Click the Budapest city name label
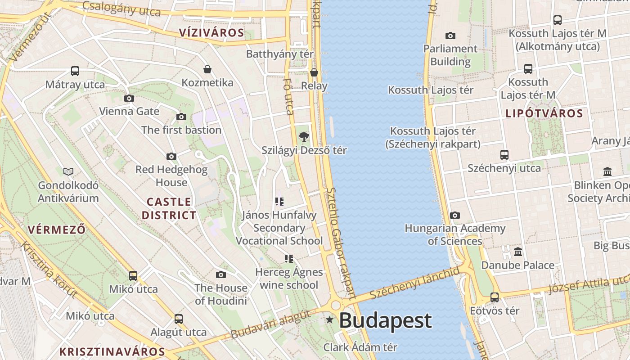[x=385, y=320]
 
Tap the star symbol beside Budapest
[x=330, y=320]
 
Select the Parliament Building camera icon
[x=450, y=36]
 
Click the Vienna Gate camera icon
[x=129, y=98]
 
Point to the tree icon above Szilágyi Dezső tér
[x=304, y=136]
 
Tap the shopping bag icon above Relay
[x=314, y=72]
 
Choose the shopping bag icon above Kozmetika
[x=207, y=69]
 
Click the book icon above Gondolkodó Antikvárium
[x=68, y=171]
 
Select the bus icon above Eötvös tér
[x=495, y=297]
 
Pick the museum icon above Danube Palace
[x=518, y=252]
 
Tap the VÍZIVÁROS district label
[x=211, y=32]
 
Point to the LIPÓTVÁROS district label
[x=544, y=113]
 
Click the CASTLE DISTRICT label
[x=169, y=208]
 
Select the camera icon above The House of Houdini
[x=220, y=274]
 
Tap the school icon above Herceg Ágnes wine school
[x=288, y=258]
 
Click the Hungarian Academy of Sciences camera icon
[x=455, y=215]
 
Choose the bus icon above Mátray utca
[x=75, y=71]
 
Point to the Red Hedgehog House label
[x=171, y=176]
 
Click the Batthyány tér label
[x=279, y=54]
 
